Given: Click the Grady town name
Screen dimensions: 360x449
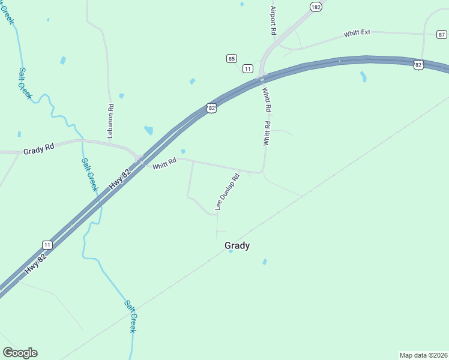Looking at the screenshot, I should (x=237, y=245).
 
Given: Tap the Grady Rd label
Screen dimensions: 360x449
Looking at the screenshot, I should (x=39, y=151).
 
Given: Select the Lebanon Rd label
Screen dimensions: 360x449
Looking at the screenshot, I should (x=110, y=122).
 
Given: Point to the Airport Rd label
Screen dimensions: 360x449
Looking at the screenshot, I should (x=273, y=20).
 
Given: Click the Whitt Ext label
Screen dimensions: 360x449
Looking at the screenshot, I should (x=357, y=34).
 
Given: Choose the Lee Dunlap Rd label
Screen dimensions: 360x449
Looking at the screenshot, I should (x=228, y=192).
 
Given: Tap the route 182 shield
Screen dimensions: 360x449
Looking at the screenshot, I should (x=316, y=7).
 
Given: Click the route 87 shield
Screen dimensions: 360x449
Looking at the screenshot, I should (x=442, y=35).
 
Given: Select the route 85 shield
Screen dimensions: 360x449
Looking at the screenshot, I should (x=232, y=58).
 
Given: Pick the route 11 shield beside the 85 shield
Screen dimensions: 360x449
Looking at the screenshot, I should (x=247, y=69).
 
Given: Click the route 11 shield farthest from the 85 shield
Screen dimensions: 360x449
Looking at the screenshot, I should (x=47, y=244).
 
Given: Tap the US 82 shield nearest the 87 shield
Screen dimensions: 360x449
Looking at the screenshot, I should (x=418, y=64).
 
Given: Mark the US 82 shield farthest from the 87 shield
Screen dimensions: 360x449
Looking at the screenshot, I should (x=210, y=108).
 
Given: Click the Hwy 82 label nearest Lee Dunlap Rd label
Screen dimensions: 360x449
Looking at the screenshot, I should (x=120, y=181).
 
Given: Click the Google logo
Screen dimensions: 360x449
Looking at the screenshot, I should (x=20, y=353).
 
